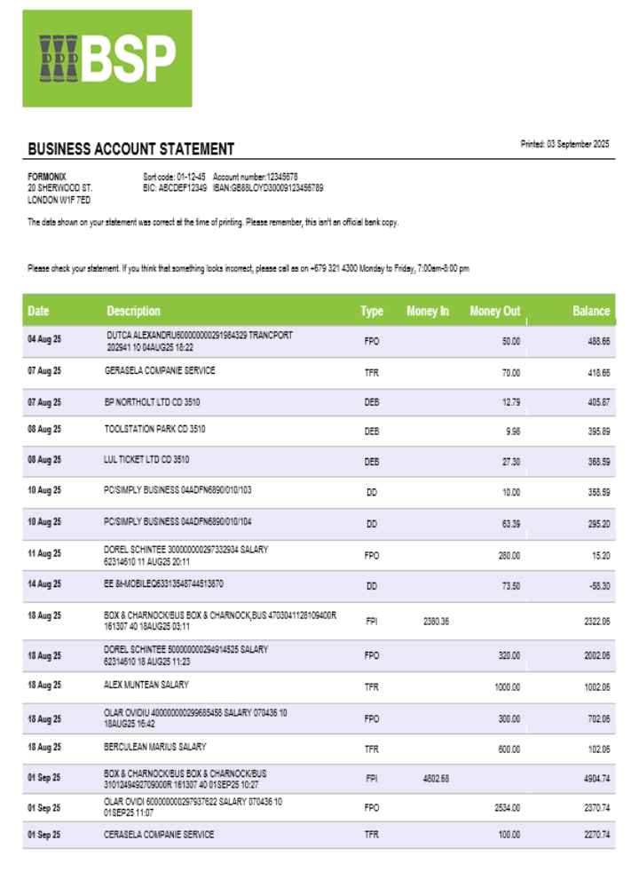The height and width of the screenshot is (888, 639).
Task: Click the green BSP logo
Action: (x=107, y=59)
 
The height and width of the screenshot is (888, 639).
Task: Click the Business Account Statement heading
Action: (x=130, y=149)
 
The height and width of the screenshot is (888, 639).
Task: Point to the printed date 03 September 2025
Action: (x=564, y=144)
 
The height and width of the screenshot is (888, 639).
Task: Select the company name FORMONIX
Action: (x=47, y=177)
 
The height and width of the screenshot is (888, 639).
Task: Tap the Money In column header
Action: (x=428, y=311)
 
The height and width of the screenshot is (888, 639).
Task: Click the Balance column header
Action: (x=591, y=311)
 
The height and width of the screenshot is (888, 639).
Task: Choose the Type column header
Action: (x=372, y=311)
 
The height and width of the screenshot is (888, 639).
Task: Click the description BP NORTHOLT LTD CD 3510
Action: (x=152, y=402)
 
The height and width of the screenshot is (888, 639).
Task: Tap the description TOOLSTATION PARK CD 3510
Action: (x=154, y=429)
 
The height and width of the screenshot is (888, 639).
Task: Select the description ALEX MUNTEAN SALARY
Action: (x=146, y=686)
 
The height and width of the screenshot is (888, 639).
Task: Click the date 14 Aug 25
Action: (x=44, y=584)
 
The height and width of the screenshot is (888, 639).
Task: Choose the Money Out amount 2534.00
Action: (x=507, y=808)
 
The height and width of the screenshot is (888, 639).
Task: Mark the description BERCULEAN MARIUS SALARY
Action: (x=155, y=747)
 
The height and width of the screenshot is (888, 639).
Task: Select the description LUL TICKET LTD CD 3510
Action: (x=146, y=460)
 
